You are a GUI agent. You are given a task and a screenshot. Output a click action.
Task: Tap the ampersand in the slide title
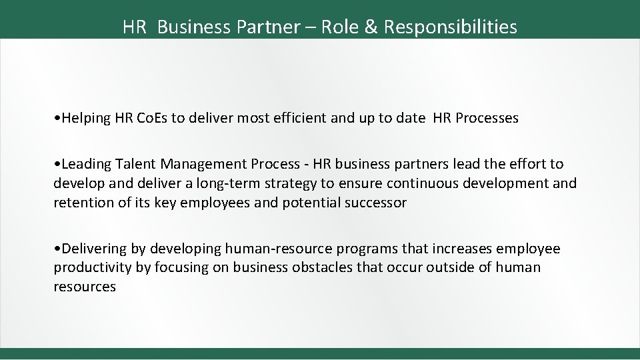(371, 27)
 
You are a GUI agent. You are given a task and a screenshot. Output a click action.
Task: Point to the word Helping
(85, 119)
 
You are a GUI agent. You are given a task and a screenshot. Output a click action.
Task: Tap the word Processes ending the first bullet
(486, 119)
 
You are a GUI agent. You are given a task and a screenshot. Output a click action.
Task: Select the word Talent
(133, 164)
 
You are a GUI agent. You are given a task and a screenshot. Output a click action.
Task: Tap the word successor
(376, 203)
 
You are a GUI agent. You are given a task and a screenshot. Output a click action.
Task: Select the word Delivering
(93, 249)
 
